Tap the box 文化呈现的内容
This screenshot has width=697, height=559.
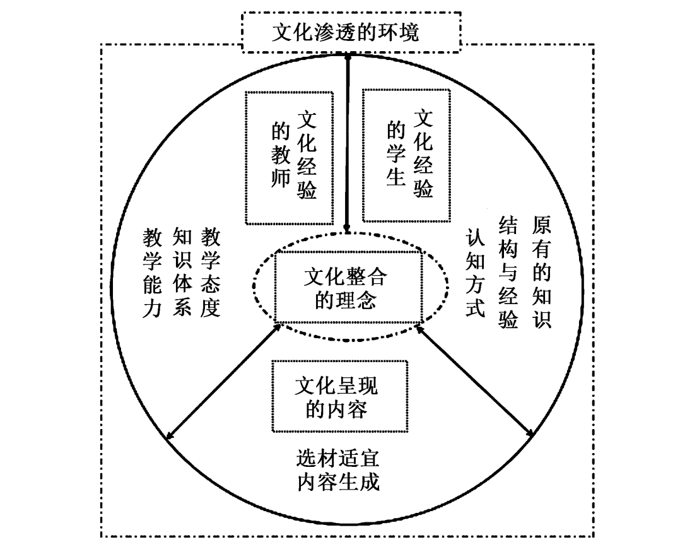(339, 397)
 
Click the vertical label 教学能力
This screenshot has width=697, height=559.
(151, 272)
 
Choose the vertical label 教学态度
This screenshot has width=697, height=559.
(211, 272)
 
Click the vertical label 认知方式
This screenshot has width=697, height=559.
(474, 272)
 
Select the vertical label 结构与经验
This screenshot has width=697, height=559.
(508, 272)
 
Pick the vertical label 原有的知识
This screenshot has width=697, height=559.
(542, 272)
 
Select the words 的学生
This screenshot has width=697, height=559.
(395, 155)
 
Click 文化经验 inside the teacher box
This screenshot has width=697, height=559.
(307, 155)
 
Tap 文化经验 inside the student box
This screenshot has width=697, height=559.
(423, 155)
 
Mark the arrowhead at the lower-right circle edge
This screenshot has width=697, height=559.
(532, 434)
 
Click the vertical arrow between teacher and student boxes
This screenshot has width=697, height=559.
(347, 145)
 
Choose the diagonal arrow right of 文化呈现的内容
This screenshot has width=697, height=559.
(474, 380)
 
